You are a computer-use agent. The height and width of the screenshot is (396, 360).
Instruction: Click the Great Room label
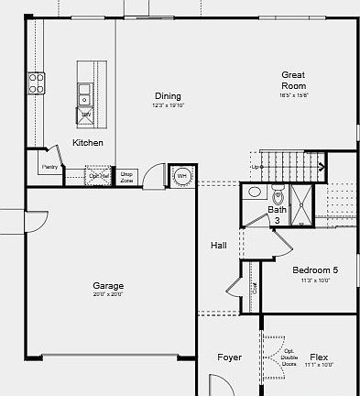click(293, 81)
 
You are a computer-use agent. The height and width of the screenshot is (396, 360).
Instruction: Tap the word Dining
click(168, 96)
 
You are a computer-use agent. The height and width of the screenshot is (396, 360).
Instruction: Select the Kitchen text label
click(88, 143)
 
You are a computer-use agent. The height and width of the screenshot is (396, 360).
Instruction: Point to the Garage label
click(108, 286)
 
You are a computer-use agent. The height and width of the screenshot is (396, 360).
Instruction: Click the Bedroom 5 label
click(315, 270)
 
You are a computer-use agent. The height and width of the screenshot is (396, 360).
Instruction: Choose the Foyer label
click(229, 357)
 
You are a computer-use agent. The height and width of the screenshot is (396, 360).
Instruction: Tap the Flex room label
click(319, 357)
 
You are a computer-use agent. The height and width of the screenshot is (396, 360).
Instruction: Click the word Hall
click(219, 245)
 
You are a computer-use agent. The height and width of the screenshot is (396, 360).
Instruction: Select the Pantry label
click(50, 167)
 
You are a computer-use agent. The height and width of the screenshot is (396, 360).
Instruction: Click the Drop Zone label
click(126, 177)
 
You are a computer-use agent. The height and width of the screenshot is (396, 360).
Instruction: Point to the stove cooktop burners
click(37, 83)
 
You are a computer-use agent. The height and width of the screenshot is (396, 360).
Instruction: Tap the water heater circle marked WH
click(181, 174)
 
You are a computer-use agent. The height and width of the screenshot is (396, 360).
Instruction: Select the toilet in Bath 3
click(278, 195)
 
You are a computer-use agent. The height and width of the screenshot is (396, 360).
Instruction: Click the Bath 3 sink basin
click(254, 193)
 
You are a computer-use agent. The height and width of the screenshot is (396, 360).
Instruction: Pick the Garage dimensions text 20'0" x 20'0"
click(108, 295)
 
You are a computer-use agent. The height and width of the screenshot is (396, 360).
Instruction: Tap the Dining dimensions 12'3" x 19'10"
click(168, 105)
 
